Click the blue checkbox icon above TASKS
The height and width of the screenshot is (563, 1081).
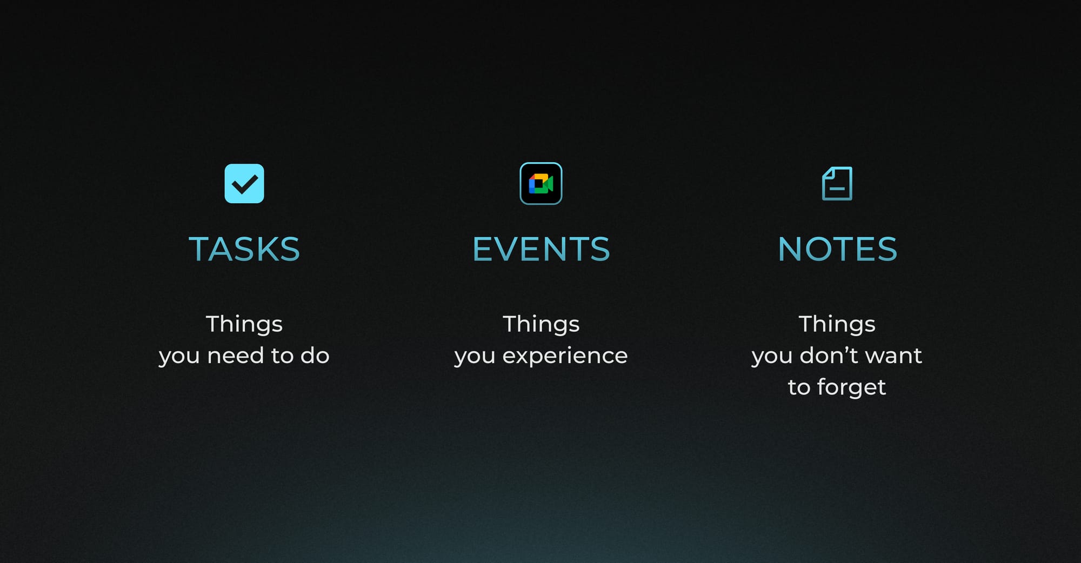click(x=244, y=184)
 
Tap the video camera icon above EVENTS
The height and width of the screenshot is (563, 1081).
click(x=541, y=184)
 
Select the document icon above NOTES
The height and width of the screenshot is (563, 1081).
click(x=837, y=184)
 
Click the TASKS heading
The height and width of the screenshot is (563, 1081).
click(x=244, y=249)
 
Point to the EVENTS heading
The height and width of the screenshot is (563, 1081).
click(x=541, y=249)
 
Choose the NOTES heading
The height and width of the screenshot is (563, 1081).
click(x=837, y=249)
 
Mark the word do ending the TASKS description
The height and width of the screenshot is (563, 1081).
click(x=315, y=356)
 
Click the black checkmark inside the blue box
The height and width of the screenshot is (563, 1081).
click(x=244, y=185)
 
